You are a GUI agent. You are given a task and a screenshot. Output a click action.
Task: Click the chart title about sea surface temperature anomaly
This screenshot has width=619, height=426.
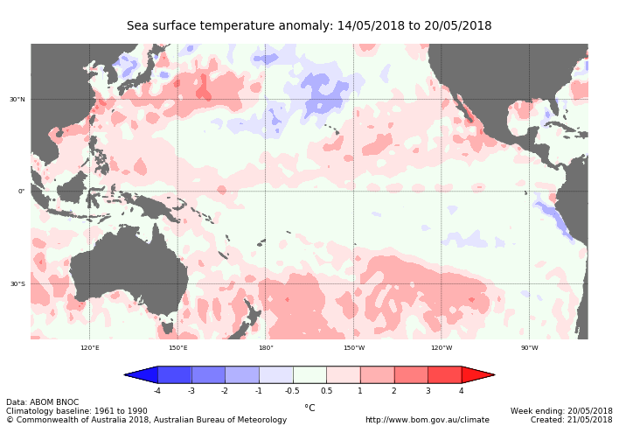309,26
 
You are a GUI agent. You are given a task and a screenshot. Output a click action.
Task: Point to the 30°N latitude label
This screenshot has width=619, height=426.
17,99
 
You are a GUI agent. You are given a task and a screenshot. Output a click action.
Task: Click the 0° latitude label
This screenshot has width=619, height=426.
21,191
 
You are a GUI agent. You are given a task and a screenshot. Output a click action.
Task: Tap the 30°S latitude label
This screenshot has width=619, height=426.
17,283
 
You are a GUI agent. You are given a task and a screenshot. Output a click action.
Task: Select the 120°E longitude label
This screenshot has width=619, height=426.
89,347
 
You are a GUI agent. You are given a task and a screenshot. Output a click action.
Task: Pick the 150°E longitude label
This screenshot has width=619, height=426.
177,347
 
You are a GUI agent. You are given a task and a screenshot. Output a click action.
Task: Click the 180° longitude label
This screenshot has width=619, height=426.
266,347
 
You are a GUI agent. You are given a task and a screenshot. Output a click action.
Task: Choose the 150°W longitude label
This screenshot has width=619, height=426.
353,347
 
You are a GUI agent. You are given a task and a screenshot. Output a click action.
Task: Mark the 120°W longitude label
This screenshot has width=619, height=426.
442,347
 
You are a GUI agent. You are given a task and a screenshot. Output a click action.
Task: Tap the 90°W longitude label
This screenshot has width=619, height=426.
529,347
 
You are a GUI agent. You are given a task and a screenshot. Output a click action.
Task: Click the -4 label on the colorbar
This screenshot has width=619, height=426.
157,391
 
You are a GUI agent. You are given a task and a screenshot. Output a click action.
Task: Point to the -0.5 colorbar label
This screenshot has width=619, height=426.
292,391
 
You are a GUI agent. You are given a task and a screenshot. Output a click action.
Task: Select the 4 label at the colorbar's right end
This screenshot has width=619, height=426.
461,391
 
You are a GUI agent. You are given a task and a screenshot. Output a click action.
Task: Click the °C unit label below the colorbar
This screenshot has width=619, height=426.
309,408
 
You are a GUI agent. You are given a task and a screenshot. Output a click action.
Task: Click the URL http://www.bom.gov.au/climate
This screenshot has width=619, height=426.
427,420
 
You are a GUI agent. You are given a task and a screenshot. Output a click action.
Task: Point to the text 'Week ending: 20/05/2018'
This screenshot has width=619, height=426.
561,410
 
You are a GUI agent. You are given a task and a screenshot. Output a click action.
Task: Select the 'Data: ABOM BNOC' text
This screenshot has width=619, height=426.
43,402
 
